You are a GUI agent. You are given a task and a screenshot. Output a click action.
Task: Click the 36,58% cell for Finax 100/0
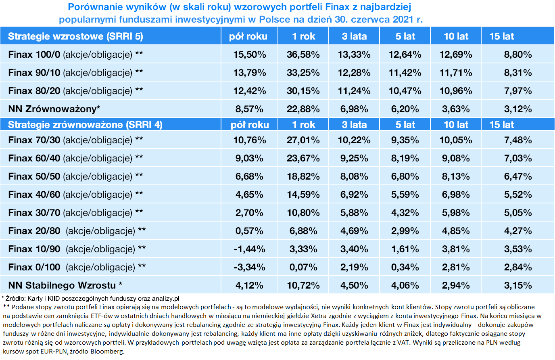tap(303, 54)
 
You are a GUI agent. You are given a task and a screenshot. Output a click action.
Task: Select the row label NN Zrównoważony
tap(54, 109)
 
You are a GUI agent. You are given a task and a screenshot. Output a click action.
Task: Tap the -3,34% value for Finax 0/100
tap(249, 267)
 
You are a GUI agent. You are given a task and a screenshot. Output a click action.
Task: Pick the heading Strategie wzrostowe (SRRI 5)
tap(75, 36)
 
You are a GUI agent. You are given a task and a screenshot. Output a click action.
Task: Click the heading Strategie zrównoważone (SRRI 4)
tap(85, 125)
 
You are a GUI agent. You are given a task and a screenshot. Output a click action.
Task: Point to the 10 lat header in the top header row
tap(456, 36)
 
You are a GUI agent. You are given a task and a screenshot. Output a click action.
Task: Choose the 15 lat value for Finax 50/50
tap(517, 176)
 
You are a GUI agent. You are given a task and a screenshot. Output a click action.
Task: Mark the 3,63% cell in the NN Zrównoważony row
tap(456, 109)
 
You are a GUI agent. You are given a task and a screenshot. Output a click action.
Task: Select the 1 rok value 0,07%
tap(303, 267)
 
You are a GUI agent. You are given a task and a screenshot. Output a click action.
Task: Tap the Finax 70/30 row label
tap(75, 140)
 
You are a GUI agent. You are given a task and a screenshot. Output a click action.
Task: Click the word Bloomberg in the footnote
tap(107, 351)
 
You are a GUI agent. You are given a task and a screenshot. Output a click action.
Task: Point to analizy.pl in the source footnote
tap(165, 299)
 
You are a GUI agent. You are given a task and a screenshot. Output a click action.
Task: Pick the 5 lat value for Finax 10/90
tap(405, 249)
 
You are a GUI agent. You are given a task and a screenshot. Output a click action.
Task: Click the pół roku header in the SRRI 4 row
tap(249, 125)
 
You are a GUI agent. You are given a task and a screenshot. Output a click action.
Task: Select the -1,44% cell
tap(249, 249)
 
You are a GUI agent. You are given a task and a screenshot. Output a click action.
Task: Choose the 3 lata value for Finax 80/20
tap(354, 91)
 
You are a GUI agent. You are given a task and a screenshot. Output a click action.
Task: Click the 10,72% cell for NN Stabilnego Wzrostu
tap(303, 285)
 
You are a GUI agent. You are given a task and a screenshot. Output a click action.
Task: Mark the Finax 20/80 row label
tap(77, 231)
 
